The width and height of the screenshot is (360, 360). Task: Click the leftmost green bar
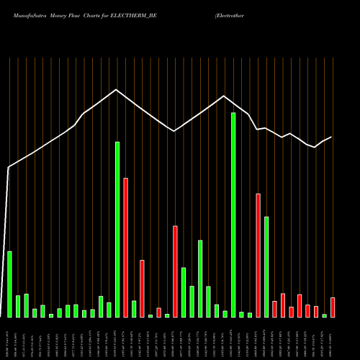[x=9, y=284]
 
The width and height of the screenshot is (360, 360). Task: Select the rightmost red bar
[x=333, y=307]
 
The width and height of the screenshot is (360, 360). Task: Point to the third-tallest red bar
[x=175, y=271]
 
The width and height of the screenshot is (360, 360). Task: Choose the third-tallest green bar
[x=266, y=266]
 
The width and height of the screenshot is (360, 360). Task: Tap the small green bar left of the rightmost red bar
[x=325, y=315]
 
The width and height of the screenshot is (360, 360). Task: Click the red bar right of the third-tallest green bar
[x=274, y=309]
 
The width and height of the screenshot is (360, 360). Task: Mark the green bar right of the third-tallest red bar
[x=184, y=292]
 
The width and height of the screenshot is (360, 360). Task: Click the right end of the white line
[x=331, y=137]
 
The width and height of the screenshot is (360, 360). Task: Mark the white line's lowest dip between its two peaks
[x=175, y=131]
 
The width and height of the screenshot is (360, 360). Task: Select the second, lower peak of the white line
[x=225, y=96]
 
